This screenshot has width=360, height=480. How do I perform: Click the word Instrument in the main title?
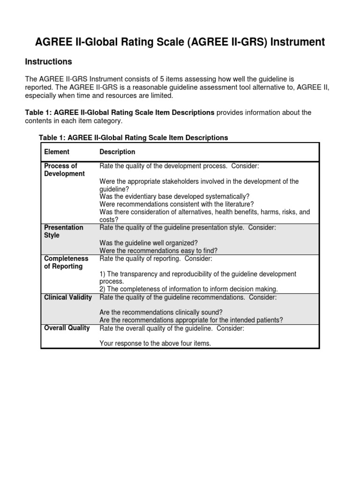(297, 42)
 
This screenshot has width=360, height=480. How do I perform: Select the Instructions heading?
(48, 62)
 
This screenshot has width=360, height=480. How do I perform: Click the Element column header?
(57, 152)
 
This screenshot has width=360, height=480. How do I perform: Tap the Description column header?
(117, 152)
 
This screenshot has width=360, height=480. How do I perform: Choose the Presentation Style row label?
(63, 231)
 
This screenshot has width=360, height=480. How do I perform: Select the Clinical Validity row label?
(67, 297)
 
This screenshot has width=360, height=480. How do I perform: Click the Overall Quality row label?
(67, 328)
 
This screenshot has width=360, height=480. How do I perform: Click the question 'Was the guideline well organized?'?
(149, 243)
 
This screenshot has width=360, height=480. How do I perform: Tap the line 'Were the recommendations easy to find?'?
(158, 250)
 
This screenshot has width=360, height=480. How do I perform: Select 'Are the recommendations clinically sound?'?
(161, 312)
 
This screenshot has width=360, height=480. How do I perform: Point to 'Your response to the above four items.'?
(155, 343)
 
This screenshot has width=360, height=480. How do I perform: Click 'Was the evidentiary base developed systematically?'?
(174, 196)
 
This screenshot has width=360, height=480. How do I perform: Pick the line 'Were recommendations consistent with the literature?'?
(176, 204)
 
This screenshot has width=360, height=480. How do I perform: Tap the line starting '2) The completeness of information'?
(188, 289)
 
